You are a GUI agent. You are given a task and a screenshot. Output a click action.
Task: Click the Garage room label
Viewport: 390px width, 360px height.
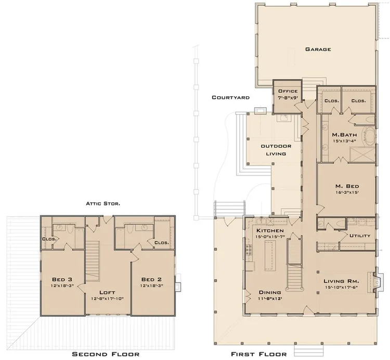(x=318, y=49)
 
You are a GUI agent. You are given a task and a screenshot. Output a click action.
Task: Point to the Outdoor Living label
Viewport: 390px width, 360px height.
(x=276, y=149)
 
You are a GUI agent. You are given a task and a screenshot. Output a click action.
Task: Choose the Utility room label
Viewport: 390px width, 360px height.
(x=360, y=236)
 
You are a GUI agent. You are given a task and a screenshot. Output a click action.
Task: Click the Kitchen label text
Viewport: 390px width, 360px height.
(x=270, y=230)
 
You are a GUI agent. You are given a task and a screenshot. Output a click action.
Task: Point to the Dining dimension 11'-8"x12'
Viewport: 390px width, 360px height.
(x=270, y=299)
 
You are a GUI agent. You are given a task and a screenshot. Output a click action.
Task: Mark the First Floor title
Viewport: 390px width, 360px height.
(x=257, y=354)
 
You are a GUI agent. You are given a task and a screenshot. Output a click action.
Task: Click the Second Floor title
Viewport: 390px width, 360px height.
(x=106, y=354)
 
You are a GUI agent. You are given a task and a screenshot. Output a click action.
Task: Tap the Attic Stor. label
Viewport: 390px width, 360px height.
(x=103, y=203)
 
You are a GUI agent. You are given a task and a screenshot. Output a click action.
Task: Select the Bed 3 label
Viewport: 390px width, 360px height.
(x=62, y=279)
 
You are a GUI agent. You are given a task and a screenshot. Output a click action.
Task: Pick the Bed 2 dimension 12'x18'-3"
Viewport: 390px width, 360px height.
(x=151, y=286)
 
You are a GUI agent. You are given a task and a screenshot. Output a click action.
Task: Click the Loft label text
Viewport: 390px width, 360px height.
(x=108, y=292)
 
